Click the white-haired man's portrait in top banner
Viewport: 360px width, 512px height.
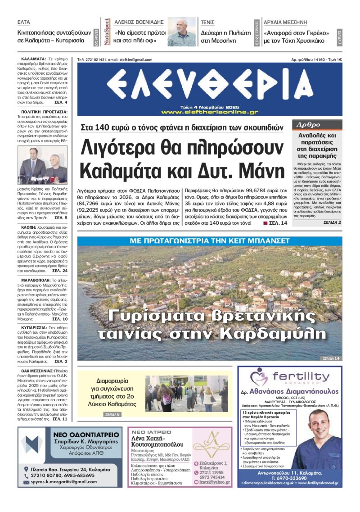[x=182, y=32]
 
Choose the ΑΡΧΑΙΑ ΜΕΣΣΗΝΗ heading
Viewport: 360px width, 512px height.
[x=285, y=22]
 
